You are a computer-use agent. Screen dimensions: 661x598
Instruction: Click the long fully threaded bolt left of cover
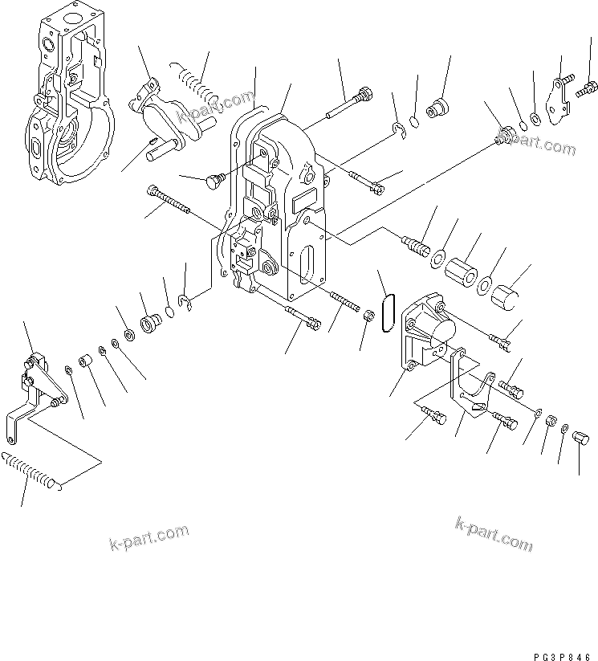click(169, 201)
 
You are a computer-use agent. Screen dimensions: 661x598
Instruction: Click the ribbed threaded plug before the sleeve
click(413, 242)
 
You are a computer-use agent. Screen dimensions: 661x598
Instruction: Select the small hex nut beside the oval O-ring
click(369, 315)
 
